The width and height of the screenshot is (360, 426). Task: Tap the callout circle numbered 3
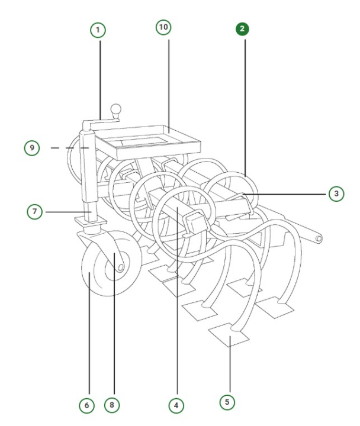pyautogui.click(x=335, y=193)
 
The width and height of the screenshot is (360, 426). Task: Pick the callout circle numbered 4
pyautogui.click(x=175, y=405)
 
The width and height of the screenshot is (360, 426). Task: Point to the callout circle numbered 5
pyautogui.click(x=226, y=402)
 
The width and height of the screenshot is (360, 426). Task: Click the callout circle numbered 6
pyautogui.click(x=86, y=405)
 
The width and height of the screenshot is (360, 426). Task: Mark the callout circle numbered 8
pyautogui.click(x=111, y=405)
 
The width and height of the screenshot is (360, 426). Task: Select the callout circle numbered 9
pyautogui.click(x=33, y=147)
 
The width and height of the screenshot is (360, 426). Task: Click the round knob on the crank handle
pyautogui.click(x=118, y=109)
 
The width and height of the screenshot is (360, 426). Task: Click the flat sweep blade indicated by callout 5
pyautogui.click(x=227, y=335)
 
